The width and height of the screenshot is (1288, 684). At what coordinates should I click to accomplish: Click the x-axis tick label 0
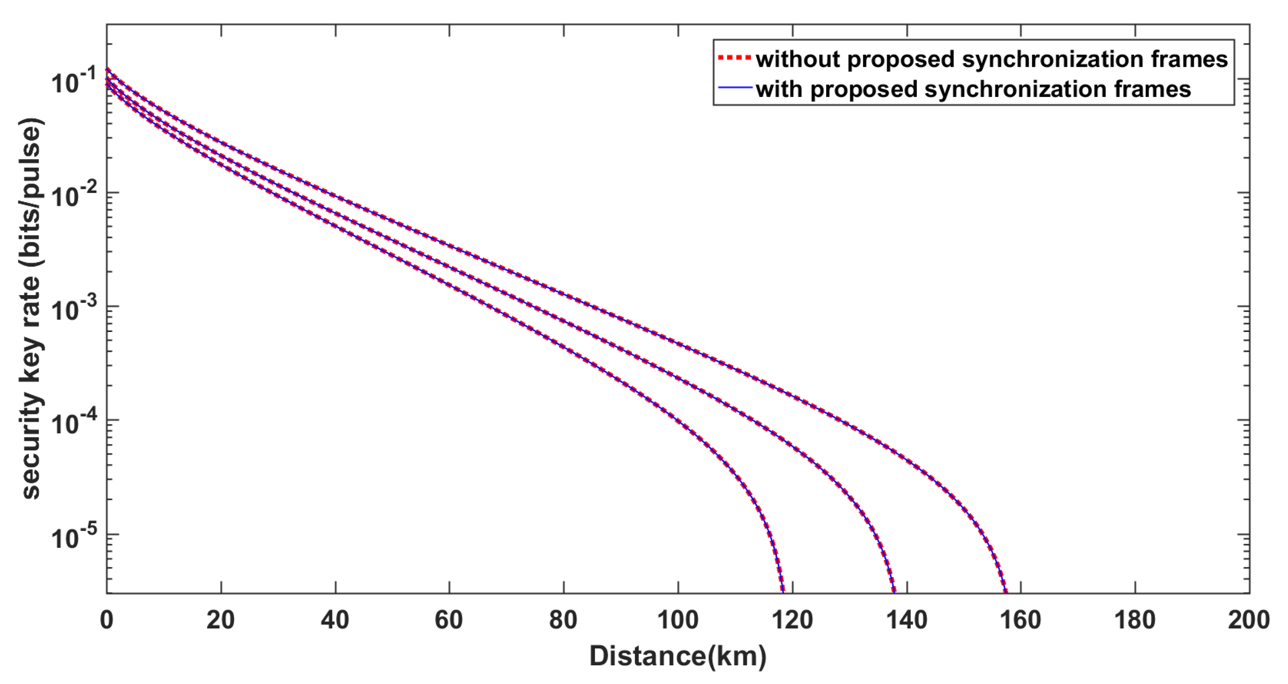(107, 620)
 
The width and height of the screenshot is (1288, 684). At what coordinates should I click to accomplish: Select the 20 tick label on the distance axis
(221, 620)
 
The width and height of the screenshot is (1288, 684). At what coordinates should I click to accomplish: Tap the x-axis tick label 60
(449, 620)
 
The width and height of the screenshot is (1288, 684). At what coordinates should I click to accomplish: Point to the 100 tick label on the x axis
(678, 620)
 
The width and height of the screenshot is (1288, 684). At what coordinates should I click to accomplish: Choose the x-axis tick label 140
(906, 620)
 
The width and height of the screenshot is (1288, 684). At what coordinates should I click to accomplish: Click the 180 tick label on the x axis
(1135, 620)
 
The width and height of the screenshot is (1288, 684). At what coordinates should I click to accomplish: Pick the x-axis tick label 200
(1248, 620)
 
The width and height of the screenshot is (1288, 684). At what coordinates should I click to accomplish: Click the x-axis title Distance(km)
(678, 656)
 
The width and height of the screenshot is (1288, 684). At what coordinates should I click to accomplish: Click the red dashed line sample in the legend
(734, 59)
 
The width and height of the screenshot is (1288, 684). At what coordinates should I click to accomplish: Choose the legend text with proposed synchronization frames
(973, 90)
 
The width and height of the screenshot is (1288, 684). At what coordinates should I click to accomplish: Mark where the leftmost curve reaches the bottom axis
(782, 592)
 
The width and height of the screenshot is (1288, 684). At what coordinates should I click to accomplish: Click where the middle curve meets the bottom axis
(894, 592)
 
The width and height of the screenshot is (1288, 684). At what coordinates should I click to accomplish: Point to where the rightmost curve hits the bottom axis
(1006, 592)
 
